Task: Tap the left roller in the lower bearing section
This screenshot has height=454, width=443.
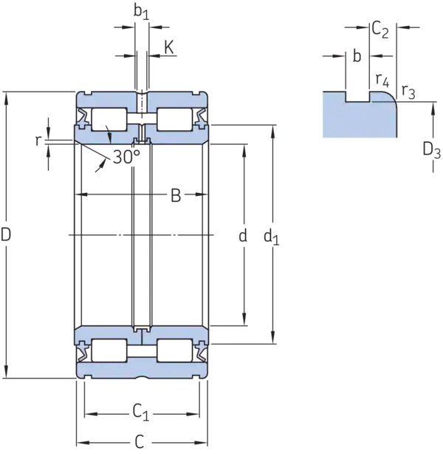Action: click(108, 350)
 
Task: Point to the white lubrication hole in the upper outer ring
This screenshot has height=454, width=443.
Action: click(140, 101)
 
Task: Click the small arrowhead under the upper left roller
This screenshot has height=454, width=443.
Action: click(109, 137)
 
